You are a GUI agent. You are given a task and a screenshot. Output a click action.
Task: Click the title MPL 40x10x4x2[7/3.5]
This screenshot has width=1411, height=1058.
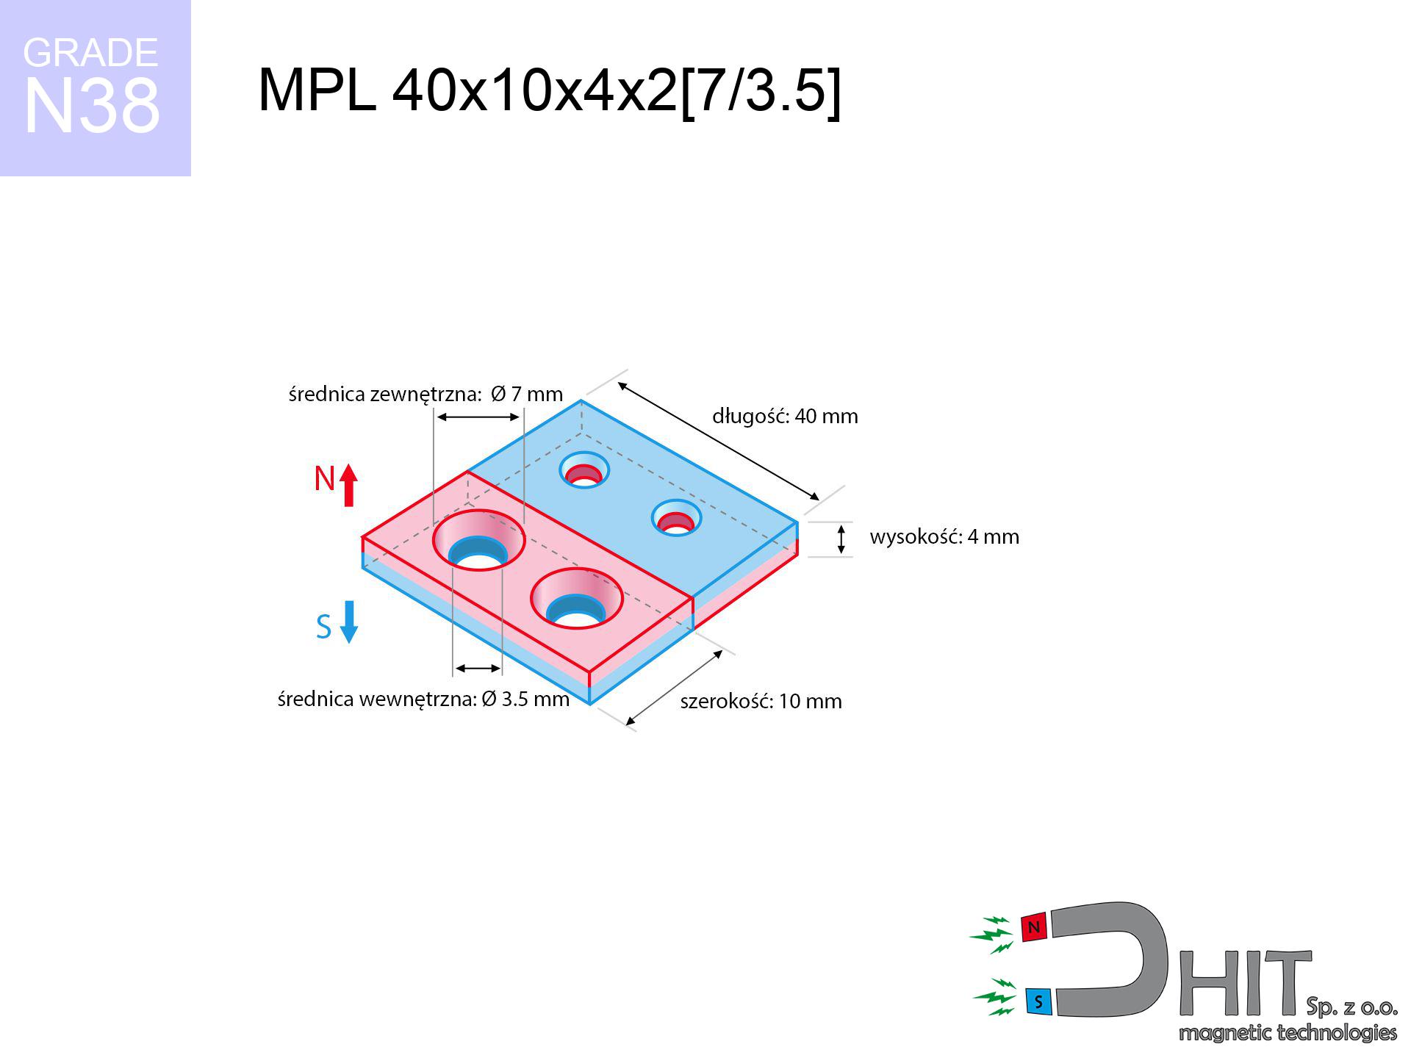click(549, 90)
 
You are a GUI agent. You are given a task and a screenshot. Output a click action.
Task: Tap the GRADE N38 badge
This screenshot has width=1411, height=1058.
click(95, 87)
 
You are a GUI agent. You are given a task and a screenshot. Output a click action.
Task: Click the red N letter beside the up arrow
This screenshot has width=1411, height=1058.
click(324, 478)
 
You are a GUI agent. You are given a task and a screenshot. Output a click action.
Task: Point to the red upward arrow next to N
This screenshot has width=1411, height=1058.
click(349, 485)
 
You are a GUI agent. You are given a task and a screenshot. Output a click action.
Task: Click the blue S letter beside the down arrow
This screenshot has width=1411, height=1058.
click(323, 627)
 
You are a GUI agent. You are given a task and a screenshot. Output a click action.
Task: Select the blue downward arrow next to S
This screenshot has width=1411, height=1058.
click(349, 622)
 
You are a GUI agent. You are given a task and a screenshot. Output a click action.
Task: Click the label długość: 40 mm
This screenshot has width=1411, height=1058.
click(785, 417)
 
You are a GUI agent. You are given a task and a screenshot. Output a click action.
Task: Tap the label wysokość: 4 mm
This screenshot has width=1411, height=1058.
click(944, 536)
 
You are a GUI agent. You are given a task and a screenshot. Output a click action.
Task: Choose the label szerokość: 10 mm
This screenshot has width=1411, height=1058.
click(761, 701)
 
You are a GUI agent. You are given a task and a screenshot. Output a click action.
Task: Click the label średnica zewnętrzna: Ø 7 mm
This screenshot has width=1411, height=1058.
click(426, 395)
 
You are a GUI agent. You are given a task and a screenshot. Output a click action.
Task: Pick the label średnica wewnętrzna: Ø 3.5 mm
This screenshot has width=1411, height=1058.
click(423, 699)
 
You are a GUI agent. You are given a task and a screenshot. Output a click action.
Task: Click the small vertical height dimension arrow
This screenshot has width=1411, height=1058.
click(841, 539)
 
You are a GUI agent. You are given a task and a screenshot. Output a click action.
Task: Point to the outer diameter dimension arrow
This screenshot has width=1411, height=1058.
click(478, 417)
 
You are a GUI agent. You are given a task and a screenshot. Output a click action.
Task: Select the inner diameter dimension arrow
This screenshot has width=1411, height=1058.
click(478, 668)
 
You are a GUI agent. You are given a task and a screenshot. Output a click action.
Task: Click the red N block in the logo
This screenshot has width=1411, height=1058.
click(1034, 927)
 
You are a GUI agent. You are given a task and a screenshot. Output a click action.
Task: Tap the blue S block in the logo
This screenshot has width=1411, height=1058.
click(1038, 1001)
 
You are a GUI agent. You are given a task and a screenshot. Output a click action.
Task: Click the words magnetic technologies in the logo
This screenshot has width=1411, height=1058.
click(1288, 1033)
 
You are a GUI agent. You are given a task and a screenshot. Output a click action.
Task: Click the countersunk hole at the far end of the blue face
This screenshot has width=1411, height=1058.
click(584, 469)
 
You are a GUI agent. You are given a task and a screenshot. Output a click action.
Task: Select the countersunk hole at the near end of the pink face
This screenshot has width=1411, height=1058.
click(577, 599)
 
